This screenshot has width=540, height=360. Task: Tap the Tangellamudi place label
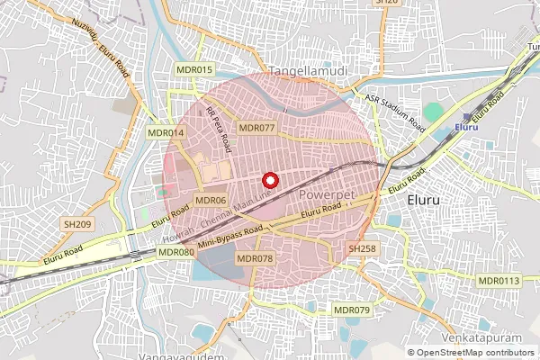309,69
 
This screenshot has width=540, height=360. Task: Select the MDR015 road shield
194,69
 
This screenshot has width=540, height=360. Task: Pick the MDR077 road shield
255,128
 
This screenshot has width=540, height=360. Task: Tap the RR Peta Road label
220,128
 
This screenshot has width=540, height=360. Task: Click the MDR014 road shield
166,132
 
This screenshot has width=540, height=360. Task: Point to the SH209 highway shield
77,223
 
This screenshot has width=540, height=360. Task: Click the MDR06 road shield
210,200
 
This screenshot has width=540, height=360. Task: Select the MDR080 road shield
176,253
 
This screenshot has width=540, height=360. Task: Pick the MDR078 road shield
254,258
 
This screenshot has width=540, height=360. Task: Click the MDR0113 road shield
499,281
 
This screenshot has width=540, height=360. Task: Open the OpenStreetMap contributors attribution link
476,352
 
